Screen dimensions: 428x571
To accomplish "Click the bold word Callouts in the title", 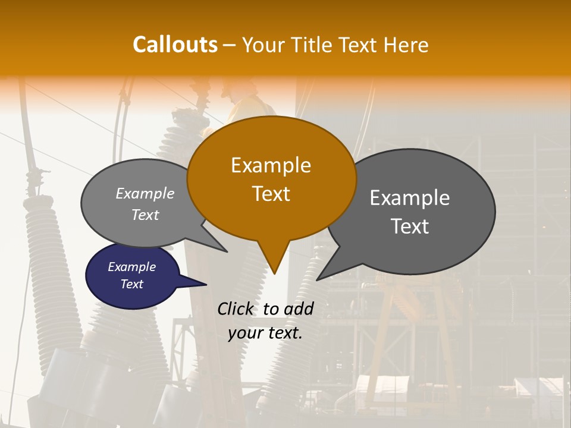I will pyautogui.click(x=175, y=45).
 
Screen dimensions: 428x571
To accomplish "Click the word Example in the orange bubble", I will pyautogui.click(x=271, y=165).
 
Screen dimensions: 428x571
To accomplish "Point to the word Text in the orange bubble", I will pyautogui.click(x=271, y=194).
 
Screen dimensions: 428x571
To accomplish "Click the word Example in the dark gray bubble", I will pyautogui.click(x=410, y=198).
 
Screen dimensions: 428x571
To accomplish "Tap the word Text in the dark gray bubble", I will pyautogui.click(x=410, y=226).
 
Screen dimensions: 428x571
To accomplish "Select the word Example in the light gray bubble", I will pyautogui.click(x=145, y=194).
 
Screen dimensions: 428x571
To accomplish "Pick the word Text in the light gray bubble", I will pyautogui.click(x=145, y=215).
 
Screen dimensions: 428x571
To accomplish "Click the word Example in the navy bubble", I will pyautogui.click(x=132, y=267).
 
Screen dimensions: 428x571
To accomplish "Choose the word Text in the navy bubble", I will pyautogui.click(x=132, y=284).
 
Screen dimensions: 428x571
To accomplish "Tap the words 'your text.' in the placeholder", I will pyautogui.click(x=265, y=333).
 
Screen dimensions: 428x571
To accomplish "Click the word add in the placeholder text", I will pyautogui.click(x=299, y=309).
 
